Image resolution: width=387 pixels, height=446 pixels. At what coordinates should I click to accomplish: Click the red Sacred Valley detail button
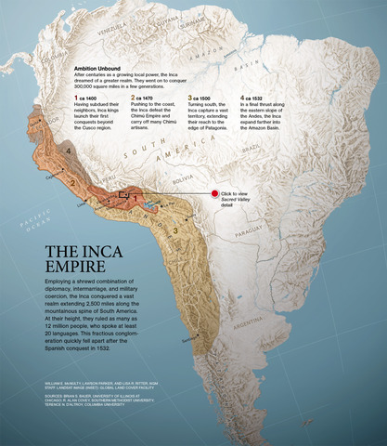tap(213, 193)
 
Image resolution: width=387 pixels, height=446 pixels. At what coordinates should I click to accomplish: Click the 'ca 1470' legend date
tap(148, 97)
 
